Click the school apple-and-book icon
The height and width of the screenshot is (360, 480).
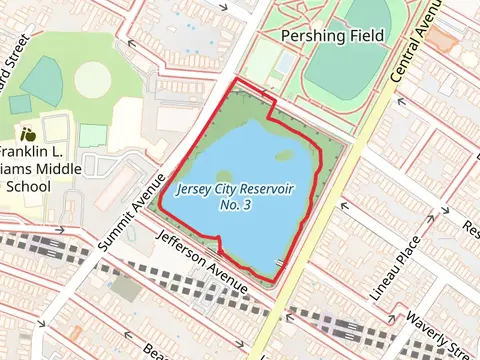[x=28, y=133]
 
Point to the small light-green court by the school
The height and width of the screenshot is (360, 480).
[x=92, y=136]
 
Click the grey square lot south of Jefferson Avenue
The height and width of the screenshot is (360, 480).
[x=126, y=287]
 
